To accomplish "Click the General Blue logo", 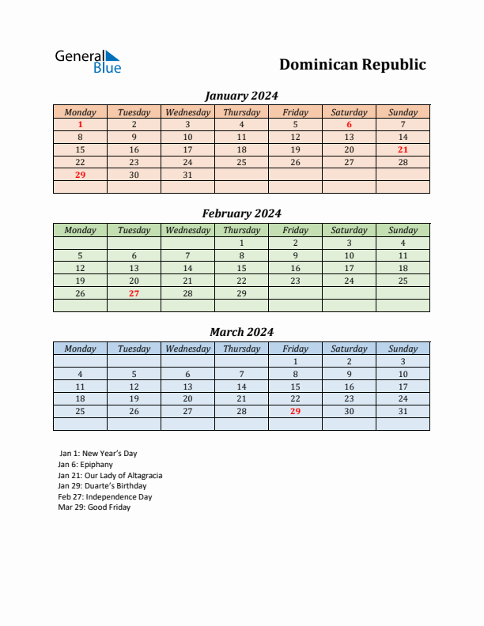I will [88, 62].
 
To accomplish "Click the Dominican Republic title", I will [352, 65].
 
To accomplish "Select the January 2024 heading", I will [241, 96].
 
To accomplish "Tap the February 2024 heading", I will [241, 213].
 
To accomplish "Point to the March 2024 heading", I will [241, 332].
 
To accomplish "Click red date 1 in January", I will [80, 124].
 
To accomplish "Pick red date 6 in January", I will [349, 124].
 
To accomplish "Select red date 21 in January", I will [403, 149].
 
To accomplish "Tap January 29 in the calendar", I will [80, 175].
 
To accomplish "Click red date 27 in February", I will [134, 293].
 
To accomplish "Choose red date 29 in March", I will [295, 411].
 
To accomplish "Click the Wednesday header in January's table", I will [187, 112].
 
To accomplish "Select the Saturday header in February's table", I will [349, 230].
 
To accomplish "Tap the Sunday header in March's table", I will [403, 349].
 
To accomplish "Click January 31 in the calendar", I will [187, 175].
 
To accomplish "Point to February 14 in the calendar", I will [187, 268].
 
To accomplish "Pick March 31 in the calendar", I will [403, 411].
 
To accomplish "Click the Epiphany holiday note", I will [85, 465].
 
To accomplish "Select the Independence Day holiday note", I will [105, 497].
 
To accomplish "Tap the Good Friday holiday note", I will [94, 507].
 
